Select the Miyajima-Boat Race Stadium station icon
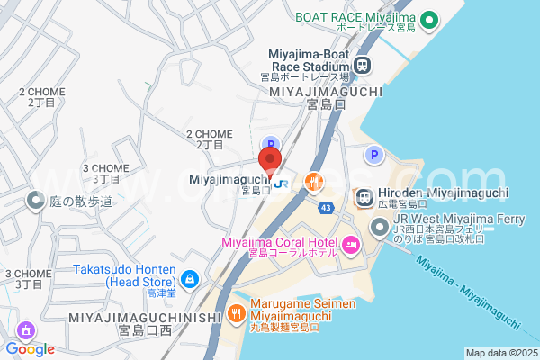click(362, 65)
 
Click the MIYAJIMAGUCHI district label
click(326, 91)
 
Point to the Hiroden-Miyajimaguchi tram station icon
click(364, 195)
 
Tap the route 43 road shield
click(324, 207)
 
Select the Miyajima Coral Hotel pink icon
click(350, 243)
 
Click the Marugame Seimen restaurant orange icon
click(236, 313)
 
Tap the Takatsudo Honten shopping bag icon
click(189, 280)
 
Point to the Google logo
click(30, 349)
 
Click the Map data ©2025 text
click(500, 353)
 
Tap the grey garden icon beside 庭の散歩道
click(36, 201)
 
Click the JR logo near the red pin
click(282, 182)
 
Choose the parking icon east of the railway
click(374, 156)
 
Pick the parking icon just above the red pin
click(269, 144)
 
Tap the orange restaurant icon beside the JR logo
click(313, 182)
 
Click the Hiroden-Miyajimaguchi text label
click(444, 193)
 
